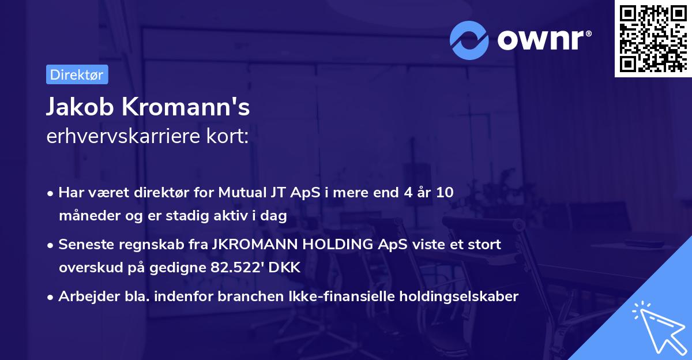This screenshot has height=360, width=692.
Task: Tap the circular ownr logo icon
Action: pos(469,40)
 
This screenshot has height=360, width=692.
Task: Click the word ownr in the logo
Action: pos(543,40)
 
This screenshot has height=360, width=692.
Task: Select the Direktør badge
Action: pos(77,74)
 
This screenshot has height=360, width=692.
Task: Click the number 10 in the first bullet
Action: pos(444,193)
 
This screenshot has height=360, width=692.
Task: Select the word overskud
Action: pos(88,268)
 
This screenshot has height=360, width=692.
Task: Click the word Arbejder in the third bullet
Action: pos(84,297)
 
